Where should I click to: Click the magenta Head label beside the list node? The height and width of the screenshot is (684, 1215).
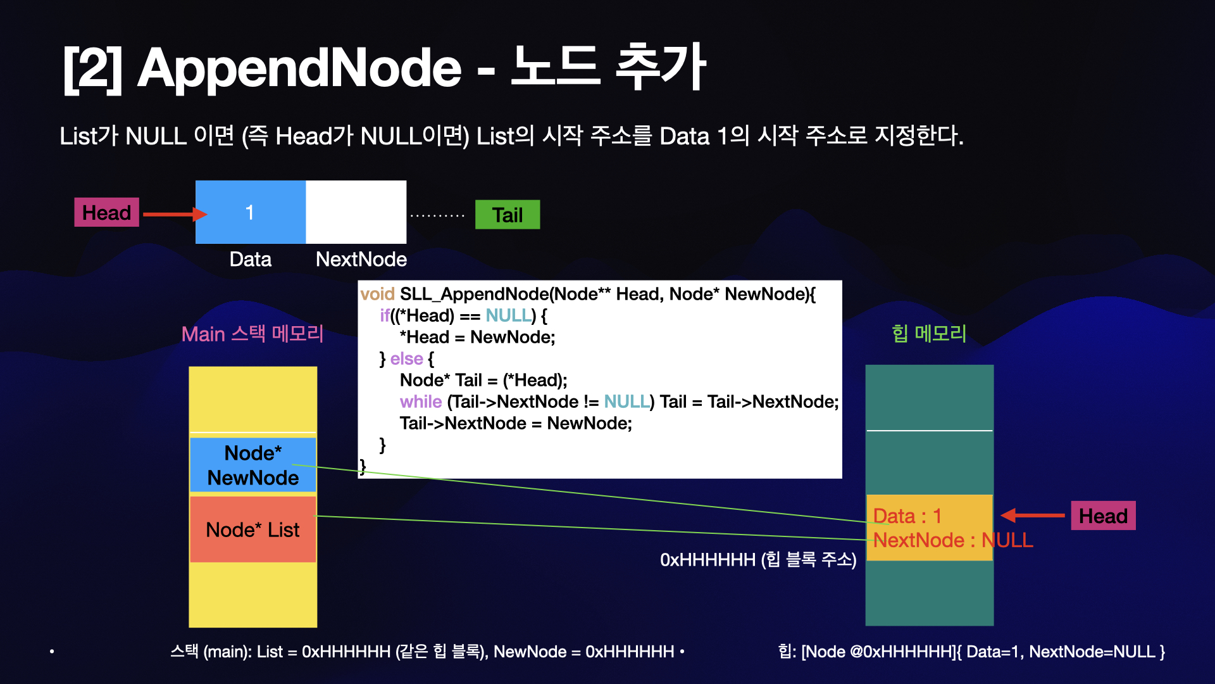[x=106, y=213]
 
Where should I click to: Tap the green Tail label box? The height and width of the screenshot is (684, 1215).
[x=508, y=215]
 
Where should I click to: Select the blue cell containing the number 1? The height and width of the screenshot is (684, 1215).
[x=251, y=212]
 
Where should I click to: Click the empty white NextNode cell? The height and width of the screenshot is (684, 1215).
[x=356, y=212]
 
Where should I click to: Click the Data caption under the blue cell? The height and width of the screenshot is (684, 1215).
[x=250, y=259]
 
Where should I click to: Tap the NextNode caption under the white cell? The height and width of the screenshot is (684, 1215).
[x=361, y=259]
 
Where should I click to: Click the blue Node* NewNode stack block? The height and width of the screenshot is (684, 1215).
[x=252, y=465]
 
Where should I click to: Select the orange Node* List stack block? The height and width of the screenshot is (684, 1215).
[x=252, y=529]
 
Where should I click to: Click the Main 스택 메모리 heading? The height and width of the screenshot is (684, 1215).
[x=252, y=334]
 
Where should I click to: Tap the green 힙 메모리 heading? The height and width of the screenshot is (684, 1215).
[x=929, y=333]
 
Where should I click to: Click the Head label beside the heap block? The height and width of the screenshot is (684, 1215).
[x=1103, y=516]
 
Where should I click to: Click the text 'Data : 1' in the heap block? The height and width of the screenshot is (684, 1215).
[x=907, y=516]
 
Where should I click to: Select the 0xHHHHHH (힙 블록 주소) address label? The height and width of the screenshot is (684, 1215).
[x=758, y=560]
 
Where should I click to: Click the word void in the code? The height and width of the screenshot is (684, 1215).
[x=377, y=294]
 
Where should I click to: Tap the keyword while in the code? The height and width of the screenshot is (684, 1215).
[x=421, y=402]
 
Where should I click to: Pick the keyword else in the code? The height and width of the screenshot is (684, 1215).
[x=407, y=358]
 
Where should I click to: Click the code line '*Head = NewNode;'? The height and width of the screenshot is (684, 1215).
[x=477, y=337]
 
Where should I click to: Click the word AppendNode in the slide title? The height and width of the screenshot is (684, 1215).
[x=299, y=68]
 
